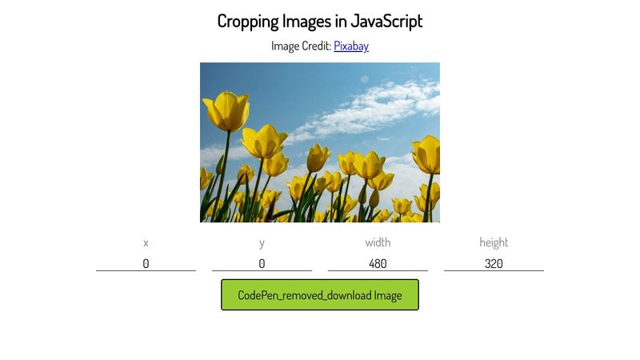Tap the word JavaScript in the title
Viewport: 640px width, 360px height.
coord(386,21)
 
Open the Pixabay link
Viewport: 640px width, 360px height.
coord(351,46)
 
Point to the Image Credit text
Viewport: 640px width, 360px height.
coord(301,46)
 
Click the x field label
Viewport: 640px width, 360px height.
coord(146,242)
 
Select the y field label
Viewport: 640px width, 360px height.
coord(262,242)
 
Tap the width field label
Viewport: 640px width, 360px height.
coord(378,242)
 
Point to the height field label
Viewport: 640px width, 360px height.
coord(494,242)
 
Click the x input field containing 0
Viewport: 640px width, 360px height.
coord(146,263)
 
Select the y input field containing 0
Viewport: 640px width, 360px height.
coord(262,263)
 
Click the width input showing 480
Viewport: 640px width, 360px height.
coord(378,263)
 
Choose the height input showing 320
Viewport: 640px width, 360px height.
coord(494,263)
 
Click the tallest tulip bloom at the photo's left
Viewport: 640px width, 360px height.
coord(226,110)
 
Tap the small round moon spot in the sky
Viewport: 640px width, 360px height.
coord(364,79)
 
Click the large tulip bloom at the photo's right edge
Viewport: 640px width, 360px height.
coord(427,154)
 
